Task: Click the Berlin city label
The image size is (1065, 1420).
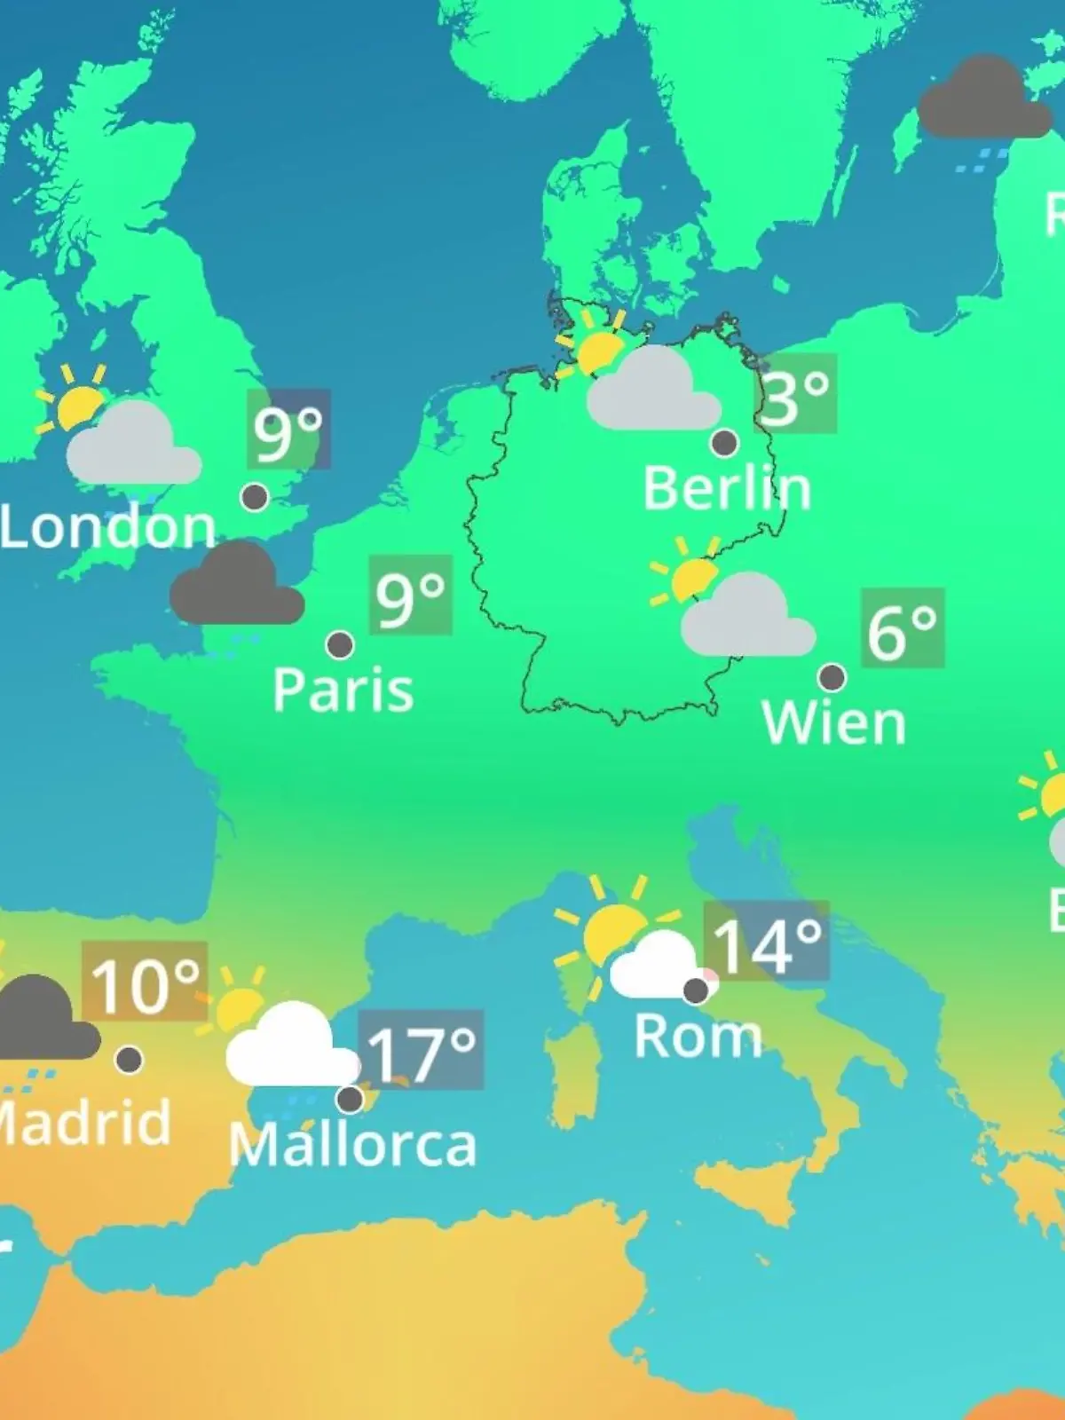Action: [727, 489]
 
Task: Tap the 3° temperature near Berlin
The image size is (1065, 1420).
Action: [795, 394]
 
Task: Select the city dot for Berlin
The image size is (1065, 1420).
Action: [724, 442]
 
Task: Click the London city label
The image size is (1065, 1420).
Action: [108, 527]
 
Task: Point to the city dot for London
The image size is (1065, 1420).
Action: [256, 497]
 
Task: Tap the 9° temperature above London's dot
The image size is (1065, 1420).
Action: [288, 430]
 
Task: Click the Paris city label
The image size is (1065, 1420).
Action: [343, 690]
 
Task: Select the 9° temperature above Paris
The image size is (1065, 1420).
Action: [410, 596]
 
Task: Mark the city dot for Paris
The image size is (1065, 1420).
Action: [340, 644]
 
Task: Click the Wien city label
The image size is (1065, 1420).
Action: [834, 723]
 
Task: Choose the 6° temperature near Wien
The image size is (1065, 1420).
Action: [902, 629]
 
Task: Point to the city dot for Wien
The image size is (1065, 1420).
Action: [832, 677]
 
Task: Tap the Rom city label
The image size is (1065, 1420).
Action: [698, 1036]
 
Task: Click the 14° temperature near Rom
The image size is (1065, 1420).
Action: [767, 943]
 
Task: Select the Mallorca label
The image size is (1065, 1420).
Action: [352, 1145]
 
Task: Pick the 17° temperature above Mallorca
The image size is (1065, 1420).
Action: [422, 1051]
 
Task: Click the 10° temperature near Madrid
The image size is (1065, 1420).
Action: [145, 982]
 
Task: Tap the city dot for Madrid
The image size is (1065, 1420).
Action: [130, 1059]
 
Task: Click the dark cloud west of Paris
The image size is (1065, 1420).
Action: [236, 586]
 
